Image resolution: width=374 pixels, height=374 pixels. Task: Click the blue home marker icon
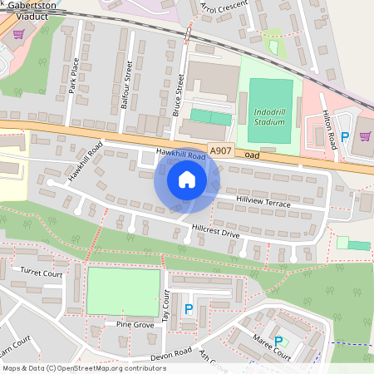187,180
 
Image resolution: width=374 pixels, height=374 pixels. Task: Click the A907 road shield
219,150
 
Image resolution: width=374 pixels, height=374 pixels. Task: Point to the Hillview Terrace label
263,203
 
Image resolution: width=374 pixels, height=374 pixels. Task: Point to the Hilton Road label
331,130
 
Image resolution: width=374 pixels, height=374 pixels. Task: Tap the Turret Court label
42,272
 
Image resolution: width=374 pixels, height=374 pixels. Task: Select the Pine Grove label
135,324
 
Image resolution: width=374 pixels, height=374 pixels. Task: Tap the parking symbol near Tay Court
188,309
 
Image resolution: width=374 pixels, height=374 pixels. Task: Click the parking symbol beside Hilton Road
344,135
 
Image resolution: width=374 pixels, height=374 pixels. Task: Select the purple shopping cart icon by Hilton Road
365,135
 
